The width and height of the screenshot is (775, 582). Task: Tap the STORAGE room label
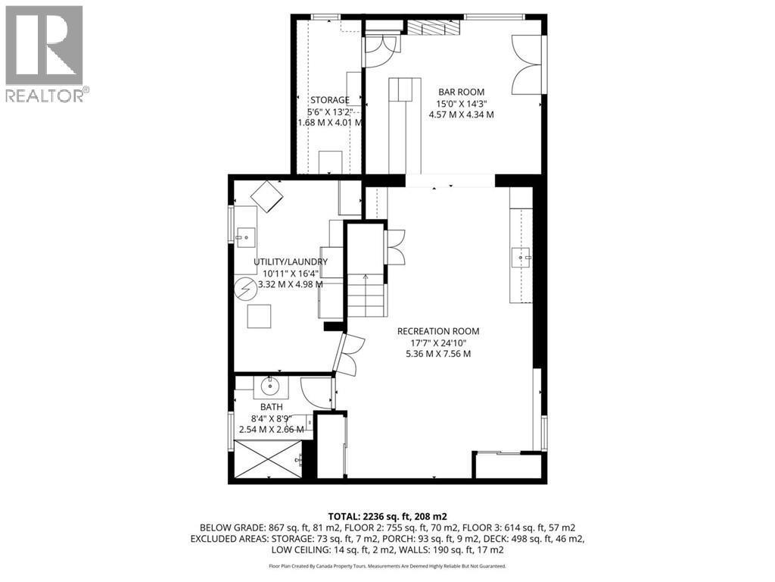tap(329, 100)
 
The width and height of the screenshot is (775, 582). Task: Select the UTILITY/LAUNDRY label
tap(291, 261)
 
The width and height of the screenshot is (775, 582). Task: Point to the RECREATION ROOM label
tap(438, 331)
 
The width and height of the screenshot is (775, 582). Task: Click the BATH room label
tap(272, 407)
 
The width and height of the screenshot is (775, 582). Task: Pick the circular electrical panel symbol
tap(245, 289)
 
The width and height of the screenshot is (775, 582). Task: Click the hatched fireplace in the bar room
tap(434, 27)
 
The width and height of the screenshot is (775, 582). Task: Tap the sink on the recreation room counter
tap(522, 258)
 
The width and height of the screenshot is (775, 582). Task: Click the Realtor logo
tap(45, 53)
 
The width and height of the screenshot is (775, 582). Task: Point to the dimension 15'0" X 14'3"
tap(460, 104)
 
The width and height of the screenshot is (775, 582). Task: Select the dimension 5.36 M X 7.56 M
tap(438, 353)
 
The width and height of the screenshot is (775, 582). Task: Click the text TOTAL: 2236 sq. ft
tap(387, 514)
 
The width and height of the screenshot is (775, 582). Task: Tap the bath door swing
tap(316, 393)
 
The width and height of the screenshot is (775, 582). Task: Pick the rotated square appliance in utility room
tap(266, 196)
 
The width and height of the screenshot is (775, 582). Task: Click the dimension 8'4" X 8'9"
tap(272, 418)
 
